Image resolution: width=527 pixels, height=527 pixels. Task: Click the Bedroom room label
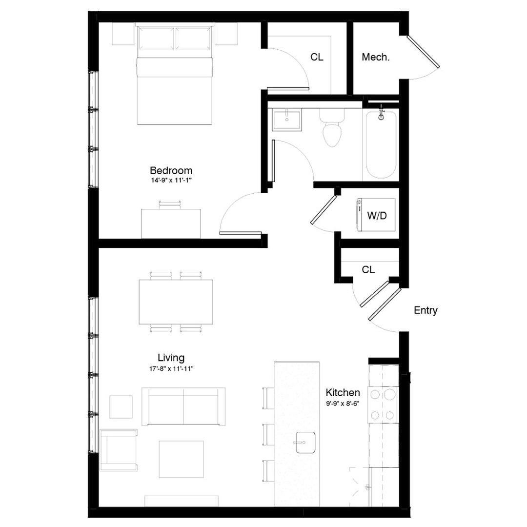point(171,171)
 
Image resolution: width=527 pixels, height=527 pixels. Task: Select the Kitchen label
point(343,393)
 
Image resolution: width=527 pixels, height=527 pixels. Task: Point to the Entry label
point(426,310)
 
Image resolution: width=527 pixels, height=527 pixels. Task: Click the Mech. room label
point(375,57)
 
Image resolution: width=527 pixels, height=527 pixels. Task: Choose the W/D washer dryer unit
point(377,215)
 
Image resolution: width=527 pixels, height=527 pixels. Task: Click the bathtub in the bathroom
point(381,145)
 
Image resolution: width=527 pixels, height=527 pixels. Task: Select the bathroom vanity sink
point(287,120)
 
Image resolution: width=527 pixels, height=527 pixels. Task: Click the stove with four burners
point(383,404)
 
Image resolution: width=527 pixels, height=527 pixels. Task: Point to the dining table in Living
point(176,302)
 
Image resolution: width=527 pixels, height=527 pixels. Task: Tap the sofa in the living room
point(183,406)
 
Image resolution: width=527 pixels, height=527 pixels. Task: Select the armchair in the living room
point(119,449)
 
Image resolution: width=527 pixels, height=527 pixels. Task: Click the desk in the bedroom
point(171,223)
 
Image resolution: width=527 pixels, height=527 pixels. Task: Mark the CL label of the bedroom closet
point(317,57)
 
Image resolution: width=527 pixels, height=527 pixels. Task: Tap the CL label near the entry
point(368,270)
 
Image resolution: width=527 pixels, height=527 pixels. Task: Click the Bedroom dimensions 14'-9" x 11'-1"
point(171,181)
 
